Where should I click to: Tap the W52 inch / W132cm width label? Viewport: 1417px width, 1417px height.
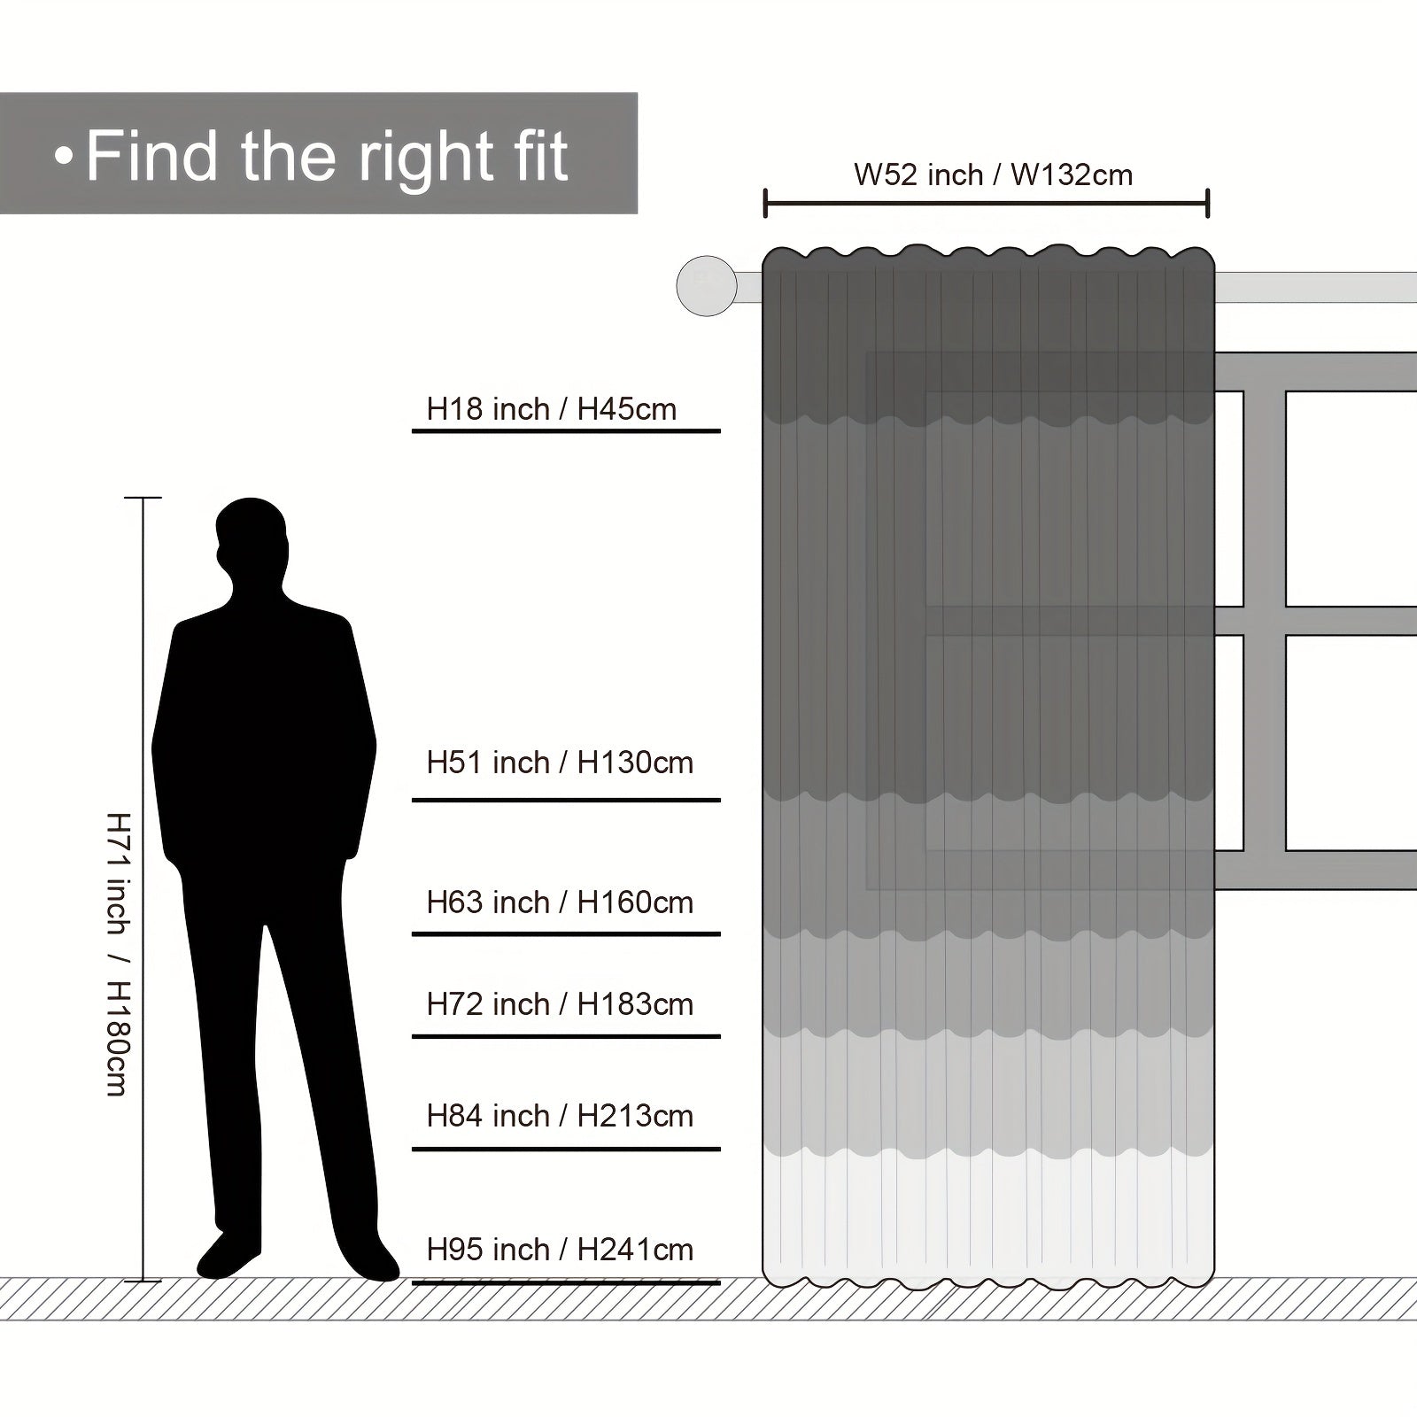coord(993,174)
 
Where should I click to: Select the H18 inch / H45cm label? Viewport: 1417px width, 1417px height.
coord(552,409)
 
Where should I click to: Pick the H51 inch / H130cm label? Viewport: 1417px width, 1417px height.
coord(560,763)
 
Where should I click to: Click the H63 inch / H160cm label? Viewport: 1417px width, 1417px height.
coord(560,902)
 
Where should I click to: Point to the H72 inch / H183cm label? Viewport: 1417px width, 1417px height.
coord(560,1004)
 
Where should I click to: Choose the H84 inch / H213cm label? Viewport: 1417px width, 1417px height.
coord(560,1116)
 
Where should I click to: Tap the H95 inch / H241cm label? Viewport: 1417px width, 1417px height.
coord(560,1250)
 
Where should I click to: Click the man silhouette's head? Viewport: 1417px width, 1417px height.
coord(252,540)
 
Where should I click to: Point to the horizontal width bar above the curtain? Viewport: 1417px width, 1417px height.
coord(987,203)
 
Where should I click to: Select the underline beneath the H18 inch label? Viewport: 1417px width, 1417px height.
coord(566,430)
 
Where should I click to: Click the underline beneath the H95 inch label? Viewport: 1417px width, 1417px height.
coord(566,1281)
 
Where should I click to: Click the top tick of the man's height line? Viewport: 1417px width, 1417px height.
coord(143,498)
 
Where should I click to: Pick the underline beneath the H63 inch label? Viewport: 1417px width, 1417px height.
coord(566,933)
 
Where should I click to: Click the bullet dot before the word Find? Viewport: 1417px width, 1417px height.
coord(62,157)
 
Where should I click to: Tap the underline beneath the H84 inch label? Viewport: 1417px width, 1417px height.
coord(566,1149)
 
